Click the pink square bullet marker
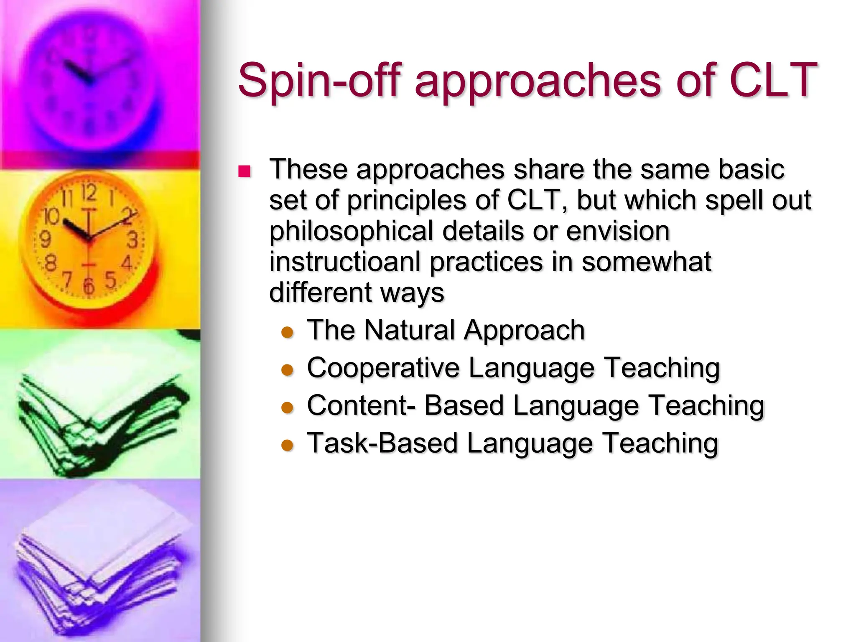pos(244,171)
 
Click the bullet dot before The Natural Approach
pos(288,333)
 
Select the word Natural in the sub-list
pos(410,330)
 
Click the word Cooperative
pos(383,368)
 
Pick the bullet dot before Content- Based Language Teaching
pos(288,408)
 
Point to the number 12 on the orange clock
pos(89,194)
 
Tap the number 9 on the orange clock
pos(45,239)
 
